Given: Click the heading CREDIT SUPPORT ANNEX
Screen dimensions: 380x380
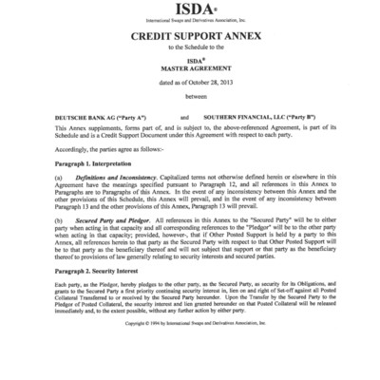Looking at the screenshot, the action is [x=190, y=33].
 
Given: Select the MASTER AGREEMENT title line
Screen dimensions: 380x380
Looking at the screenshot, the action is [x=190, y=66].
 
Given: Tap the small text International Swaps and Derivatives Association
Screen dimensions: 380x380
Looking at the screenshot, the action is [x=189, y=19].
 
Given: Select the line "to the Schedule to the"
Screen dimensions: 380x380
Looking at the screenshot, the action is [x=190, y=46].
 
